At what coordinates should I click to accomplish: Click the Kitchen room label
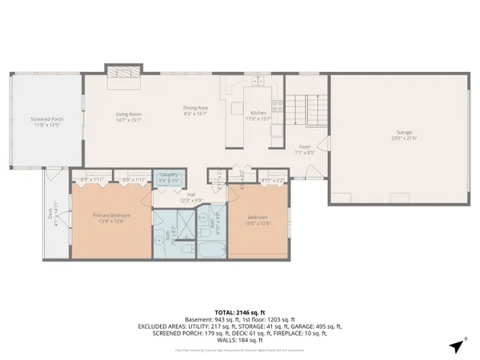[258, 113]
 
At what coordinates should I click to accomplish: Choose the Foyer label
[304, 147]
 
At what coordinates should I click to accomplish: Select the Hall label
[191, 194]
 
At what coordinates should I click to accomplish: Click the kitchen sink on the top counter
[256, 80]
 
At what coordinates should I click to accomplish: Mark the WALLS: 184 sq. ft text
[239, 339]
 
